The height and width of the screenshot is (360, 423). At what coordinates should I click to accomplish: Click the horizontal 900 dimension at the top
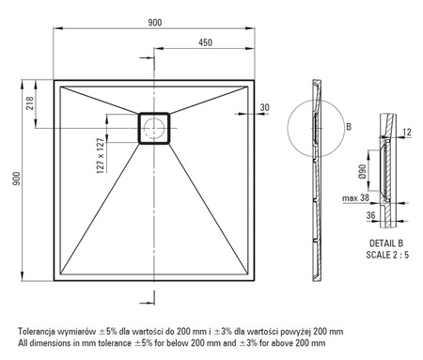(155, 23)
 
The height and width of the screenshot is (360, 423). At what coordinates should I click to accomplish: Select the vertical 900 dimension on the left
(16, 179)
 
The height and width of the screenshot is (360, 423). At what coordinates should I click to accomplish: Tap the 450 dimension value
(205, 42)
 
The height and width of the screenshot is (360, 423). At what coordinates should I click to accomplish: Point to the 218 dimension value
(30, 103)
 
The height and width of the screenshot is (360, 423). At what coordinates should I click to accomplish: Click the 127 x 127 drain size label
(101, 156)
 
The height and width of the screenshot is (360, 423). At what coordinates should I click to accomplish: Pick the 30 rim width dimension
(265, 107)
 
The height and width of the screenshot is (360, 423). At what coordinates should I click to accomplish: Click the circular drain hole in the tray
(154, 128)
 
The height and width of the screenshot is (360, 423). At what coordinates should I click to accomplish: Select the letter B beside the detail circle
(349, 127)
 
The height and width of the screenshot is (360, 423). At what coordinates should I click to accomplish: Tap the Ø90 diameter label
(362, 171)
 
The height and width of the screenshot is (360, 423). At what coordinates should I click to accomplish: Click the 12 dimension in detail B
(406, 132)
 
